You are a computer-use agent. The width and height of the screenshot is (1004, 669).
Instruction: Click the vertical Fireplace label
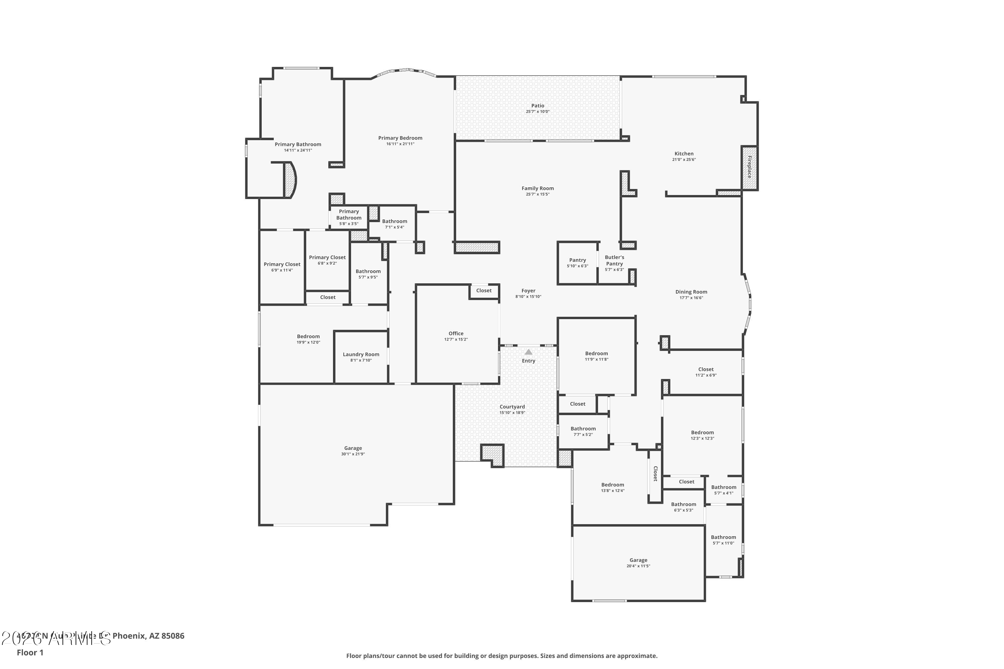tap(749, 167)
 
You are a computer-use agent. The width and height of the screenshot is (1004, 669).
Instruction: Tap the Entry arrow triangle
tap(528, 352)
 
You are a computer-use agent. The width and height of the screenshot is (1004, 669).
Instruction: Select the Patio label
tap(537, 106)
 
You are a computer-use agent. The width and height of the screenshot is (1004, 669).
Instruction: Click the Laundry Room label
tap(361, 355)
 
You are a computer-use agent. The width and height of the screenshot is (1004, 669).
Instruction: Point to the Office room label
tap(456, 333)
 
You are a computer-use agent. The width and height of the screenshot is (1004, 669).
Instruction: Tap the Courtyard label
tap(512, 407)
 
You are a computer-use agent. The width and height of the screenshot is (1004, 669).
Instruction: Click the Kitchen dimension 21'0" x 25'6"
tap(684, 160)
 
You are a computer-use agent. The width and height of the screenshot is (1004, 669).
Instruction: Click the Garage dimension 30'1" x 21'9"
tap(353, 454)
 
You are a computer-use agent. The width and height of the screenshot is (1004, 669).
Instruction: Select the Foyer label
tap(528, 291)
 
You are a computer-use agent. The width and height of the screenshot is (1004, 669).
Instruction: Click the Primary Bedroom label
tap(400, 138)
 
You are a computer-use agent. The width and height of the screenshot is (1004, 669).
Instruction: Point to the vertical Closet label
tap(655, 474)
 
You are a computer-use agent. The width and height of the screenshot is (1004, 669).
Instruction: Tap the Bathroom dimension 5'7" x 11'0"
tap(723, 543)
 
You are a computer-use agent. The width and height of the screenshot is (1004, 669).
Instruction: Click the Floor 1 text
tap(30, 652)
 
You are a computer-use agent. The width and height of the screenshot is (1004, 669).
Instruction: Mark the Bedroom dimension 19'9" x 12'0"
tap(308, 342)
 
